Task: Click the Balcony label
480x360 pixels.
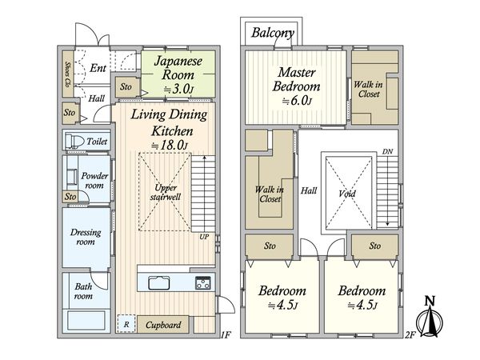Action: [x=273, y=33]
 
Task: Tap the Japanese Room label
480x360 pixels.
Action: [x=178, y=68]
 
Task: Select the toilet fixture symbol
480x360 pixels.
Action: [x=74, y=142]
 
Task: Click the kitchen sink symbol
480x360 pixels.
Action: [x=159, y=283]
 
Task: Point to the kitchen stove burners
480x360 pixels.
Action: [x=203, y=282]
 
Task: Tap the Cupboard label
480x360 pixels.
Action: [x=163, y=325]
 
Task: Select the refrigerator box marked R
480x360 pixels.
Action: [x=126, y=324]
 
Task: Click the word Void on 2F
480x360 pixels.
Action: [x=347, y=194]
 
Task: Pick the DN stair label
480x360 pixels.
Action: [x=387, y=151]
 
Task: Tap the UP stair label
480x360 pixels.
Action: [x=204, y=237]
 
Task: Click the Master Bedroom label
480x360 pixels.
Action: [x=296, y=79]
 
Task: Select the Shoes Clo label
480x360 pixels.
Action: [x=68, y=74]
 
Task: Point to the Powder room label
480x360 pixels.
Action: [x=94, y=181]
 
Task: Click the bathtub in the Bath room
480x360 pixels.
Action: [x=86, y=320]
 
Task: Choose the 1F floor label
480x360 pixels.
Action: [x=226, y=335]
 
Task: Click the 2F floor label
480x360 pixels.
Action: [x=410, y=335]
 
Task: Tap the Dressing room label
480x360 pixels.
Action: [x=86, y=237]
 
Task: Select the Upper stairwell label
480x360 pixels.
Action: [x=166, y=192]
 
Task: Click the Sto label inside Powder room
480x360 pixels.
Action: [x=70, y=196]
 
